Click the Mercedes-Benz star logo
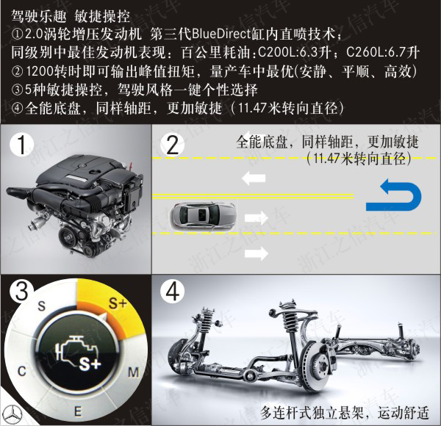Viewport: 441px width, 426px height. (x=12, y=415)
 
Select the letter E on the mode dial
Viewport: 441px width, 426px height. (x=78, y=411)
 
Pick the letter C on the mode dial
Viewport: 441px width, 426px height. (x=22, y=371)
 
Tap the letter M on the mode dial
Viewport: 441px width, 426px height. (x=133, y=372)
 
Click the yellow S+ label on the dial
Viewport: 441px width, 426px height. (x=118, y=303)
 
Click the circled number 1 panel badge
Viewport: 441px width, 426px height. (x=21, y=145)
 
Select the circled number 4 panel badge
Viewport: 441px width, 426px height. (x=173, y=292)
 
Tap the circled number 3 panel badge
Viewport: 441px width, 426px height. (x=21, y=291)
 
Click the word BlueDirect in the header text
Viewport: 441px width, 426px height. (x=221, y=34)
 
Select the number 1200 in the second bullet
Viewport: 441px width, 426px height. (x=40, y=71)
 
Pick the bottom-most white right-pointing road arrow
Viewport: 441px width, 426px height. (x=257, y=253)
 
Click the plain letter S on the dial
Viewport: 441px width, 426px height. (x=42, y=306)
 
